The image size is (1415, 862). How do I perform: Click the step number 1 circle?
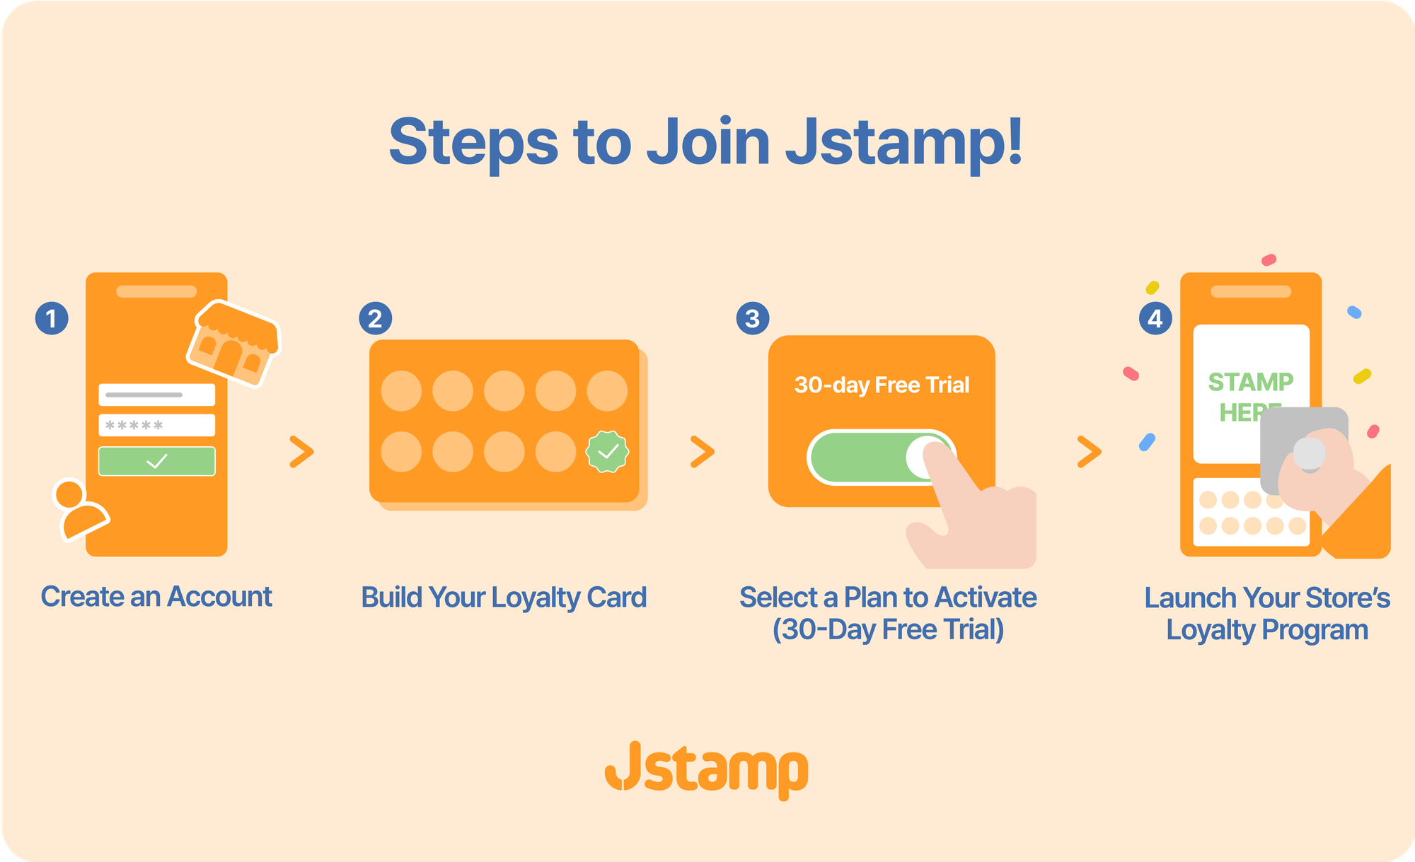[52, 318]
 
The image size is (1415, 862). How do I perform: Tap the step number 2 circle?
[375, 318]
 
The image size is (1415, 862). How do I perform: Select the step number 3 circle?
[753, 318]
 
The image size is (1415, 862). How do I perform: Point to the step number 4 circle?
[1155, 318]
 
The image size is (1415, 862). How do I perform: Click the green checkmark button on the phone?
[156, 461]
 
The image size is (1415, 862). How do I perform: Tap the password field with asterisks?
[156, 425]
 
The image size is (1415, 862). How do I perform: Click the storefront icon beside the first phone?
[233, 344]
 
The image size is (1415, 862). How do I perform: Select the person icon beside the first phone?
[80, 510]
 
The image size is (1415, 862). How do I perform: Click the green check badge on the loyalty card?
[607, 452]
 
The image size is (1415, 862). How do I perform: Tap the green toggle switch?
[882, 458]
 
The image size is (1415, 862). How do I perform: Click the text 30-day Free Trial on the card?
[882, 385]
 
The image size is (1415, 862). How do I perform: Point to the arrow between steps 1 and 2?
[301, 452]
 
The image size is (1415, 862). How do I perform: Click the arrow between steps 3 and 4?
[1090, 452]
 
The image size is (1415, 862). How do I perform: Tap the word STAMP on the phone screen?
[1250, 382]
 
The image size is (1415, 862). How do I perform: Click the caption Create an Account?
[156, 597]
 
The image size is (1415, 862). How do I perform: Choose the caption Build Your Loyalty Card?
[504, 598]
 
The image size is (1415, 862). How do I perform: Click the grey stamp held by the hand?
[1304, 450]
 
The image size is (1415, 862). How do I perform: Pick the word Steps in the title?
[473, 144]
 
